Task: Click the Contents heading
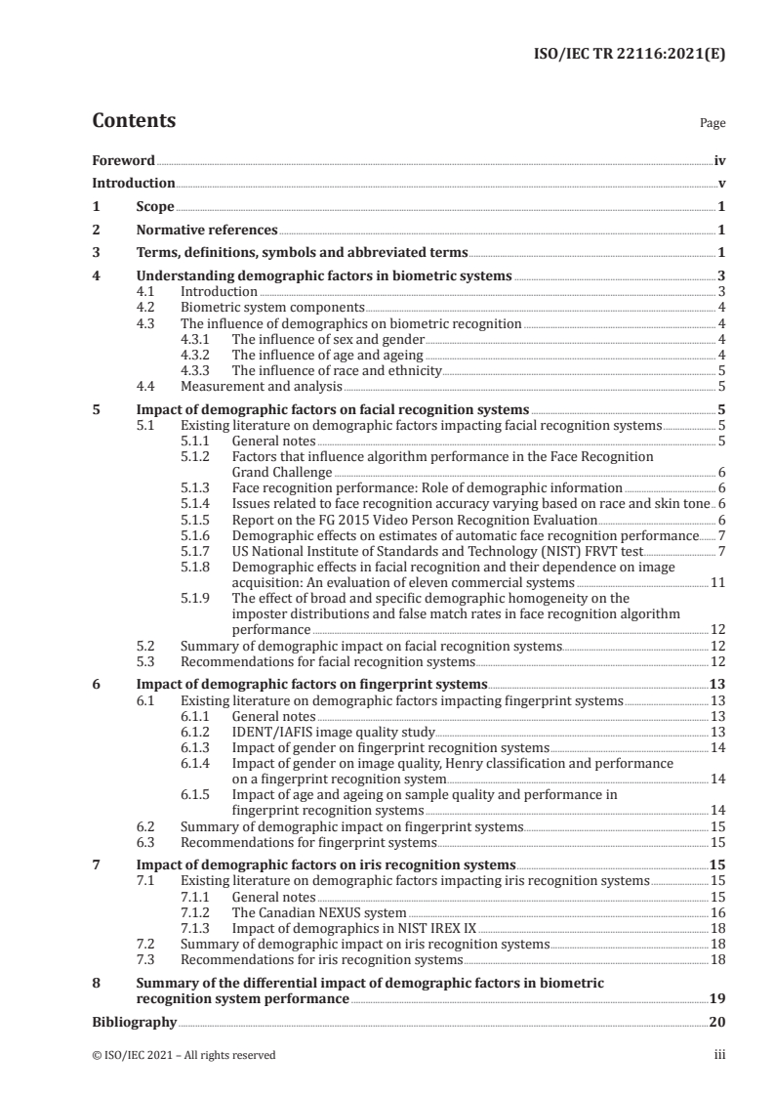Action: pyautogui.click(x=134, y=121)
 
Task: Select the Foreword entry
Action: pyautogui.click(x=123, y=160)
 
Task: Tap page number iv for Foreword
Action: pyautogui.click(x=718, y=160)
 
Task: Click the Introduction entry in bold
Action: pyautogui.click(x=133, y=183)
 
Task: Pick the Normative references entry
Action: pyautogui.click(x=207, y=230)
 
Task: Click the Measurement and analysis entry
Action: pyautogui.click(x=253, y=385)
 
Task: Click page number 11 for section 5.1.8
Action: pyautogui.click(x=716, y=582)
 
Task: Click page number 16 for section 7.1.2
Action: pyautogui.click(x=716, y=910)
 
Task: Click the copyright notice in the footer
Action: pyautogui.click(x=183, y=1054)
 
